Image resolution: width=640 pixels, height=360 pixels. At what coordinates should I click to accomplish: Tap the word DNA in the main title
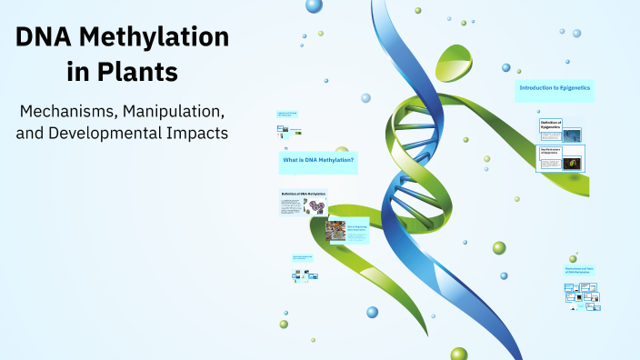tap(45, 37)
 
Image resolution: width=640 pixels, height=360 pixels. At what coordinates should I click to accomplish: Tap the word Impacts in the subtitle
tap(196, 133)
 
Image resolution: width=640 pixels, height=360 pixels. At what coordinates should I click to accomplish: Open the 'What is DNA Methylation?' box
tap(317, 161)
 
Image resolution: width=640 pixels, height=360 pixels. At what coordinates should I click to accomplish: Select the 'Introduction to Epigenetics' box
tap(554, 88)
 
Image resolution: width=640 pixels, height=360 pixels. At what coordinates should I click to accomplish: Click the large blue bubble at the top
tap(315, 6)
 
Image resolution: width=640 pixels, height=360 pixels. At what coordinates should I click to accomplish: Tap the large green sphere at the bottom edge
tap(459, 354)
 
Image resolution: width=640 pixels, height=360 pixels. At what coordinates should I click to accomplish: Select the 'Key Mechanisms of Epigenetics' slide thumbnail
tap(561, 158)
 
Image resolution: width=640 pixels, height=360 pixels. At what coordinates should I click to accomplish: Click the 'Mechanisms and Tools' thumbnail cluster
tap(582, 294)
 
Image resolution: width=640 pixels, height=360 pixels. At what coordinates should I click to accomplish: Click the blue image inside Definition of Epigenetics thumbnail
tap(572, 135)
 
